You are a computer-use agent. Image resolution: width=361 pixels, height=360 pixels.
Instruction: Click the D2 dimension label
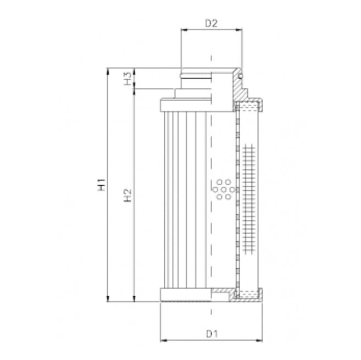click(x=211, y=23)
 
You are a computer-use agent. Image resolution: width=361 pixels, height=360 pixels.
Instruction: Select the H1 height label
click(x=101, y=186)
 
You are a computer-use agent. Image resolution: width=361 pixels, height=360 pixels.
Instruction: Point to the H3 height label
click(x=127, y=79)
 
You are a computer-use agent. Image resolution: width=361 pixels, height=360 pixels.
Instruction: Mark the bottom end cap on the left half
click(x=184, y=295)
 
